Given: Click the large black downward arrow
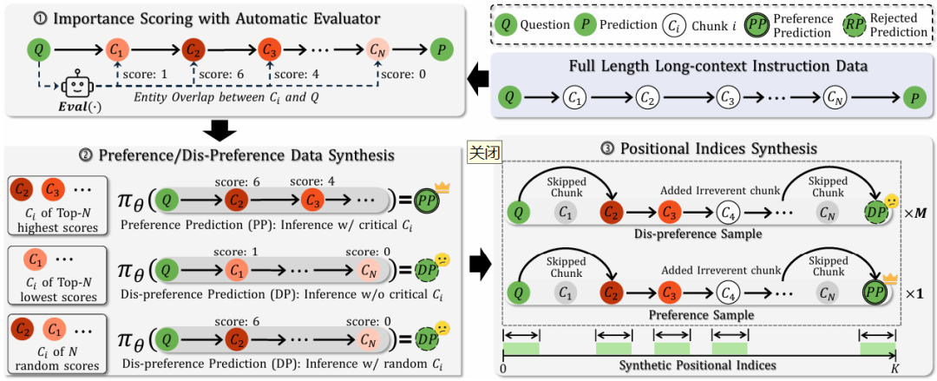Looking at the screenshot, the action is coord(222,129).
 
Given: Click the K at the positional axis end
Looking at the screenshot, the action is coord(894,371).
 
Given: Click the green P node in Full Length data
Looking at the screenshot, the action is coord(912,95).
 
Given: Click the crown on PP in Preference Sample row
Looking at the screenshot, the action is coord(886,279).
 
